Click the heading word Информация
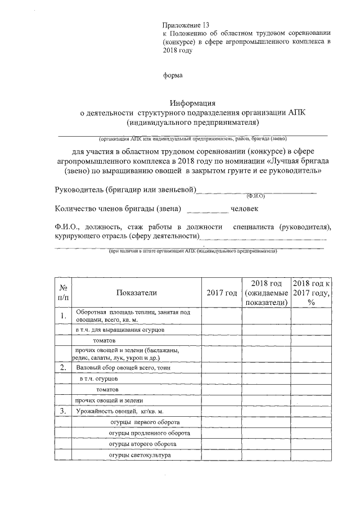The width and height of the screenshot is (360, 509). tap(193, 103)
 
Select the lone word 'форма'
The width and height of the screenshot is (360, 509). tap(173, 75)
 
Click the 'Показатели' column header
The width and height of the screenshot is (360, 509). tap(137, 292)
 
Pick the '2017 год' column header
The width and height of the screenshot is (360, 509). tap(222, 292)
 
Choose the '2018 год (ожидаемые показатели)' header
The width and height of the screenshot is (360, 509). tap(266, 292)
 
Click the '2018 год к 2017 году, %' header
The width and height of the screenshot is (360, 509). tap(311, 292)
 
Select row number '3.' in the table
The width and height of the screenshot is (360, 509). tap(64, 411)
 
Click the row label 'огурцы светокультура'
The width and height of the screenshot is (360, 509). tap(140, 455)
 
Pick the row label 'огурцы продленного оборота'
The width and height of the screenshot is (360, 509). tap(150, 433)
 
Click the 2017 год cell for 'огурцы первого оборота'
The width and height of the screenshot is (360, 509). tap(222, 422)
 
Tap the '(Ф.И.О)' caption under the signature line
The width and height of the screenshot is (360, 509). tap(256, 196)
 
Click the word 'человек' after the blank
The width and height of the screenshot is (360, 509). tap(245, 209)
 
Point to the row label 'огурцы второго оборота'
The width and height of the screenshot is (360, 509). tap(143, 444)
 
